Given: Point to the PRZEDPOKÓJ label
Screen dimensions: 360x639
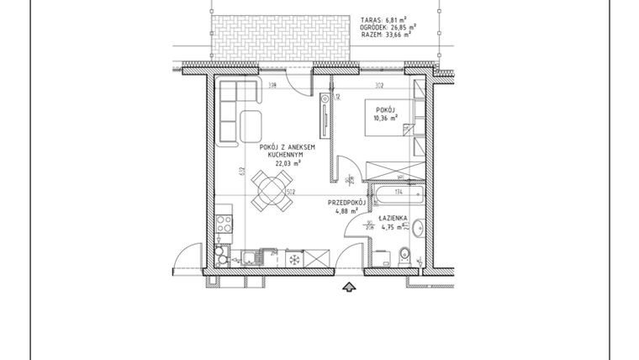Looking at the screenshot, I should tap(345, 203).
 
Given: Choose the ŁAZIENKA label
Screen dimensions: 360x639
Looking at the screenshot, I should tap(393, 218).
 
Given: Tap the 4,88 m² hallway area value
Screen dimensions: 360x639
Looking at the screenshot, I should tap(345, 212).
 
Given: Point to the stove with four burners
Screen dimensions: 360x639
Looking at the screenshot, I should tap(224, 224).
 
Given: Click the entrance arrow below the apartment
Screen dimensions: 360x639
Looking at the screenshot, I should tap(347, 289).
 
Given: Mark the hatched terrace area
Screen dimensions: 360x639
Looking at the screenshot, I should tap(280, 39).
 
